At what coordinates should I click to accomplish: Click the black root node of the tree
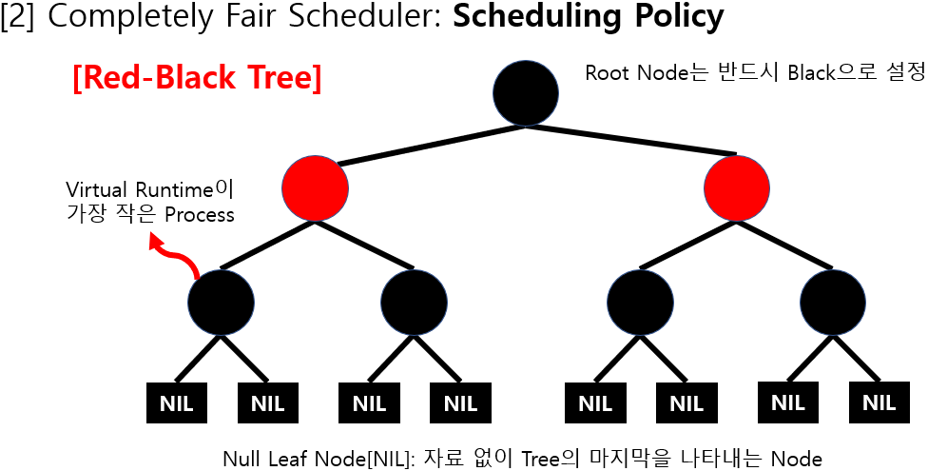pos(526,92)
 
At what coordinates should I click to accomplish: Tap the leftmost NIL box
pos(177,402)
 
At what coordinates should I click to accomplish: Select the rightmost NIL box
pos(879,402)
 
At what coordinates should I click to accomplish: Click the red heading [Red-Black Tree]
pos(197,78)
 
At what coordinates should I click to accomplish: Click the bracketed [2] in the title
pos(19,17)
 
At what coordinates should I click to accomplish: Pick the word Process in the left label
pos(199,214)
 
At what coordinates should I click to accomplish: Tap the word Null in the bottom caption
pos(241,459)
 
